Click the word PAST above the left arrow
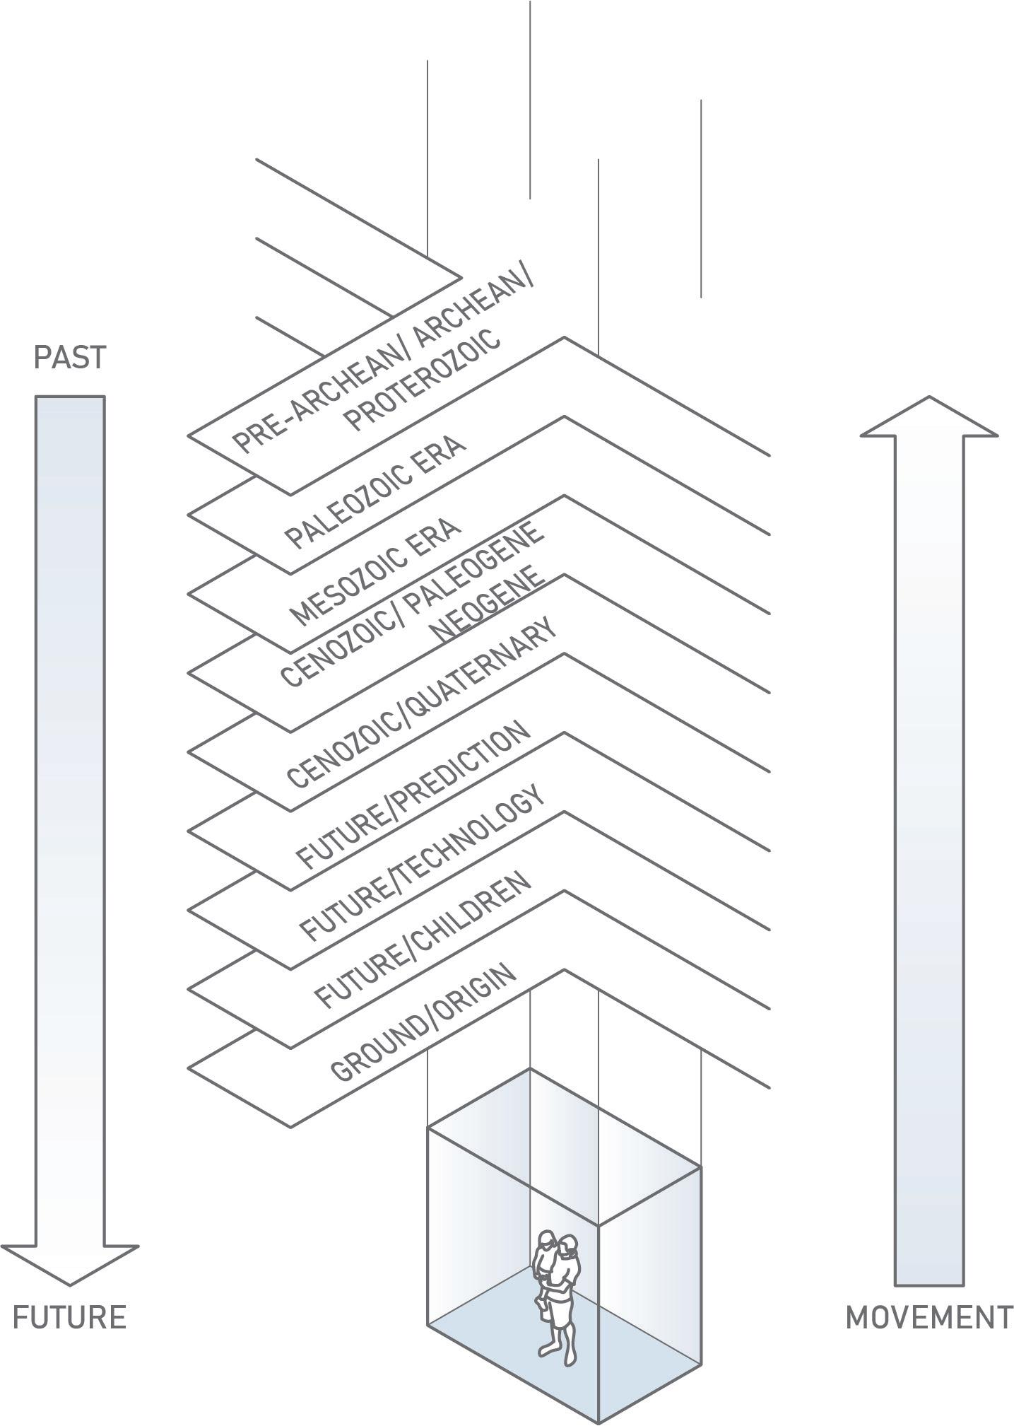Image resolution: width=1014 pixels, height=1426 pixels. (x=69, y=358)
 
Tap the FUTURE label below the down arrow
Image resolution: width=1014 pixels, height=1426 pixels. (x=69, y=1318)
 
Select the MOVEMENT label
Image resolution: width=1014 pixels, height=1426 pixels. (x=929, y=1318)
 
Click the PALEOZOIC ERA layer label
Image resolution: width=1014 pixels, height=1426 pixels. (x=375, y=492)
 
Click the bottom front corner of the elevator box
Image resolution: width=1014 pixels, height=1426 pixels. (x=599, y=1421)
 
